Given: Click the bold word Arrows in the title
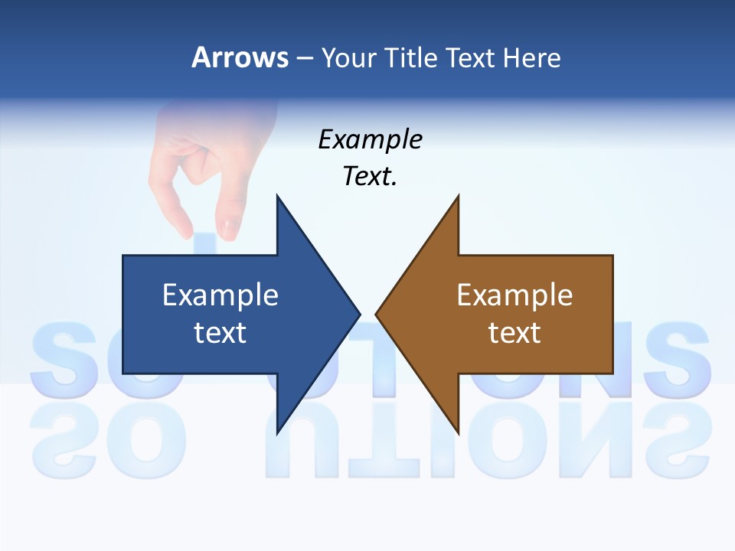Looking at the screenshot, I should coord(240,57).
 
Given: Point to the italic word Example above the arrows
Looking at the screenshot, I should coord(370,140).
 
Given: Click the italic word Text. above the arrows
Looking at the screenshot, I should coord(370,177).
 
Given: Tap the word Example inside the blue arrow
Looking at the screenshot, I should coord(220,295).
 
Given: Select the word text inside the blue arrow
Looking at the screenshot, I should coord(220,332).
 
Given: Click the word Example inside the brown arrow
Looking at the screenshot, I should coord(514,295).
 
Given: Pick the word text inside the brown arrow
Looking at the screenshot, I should coord(514,332).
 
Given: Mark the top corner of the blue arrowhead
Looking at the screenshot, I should coord(277,196).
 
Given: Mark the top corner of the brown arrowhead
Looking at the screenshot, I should coord(458,196).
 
